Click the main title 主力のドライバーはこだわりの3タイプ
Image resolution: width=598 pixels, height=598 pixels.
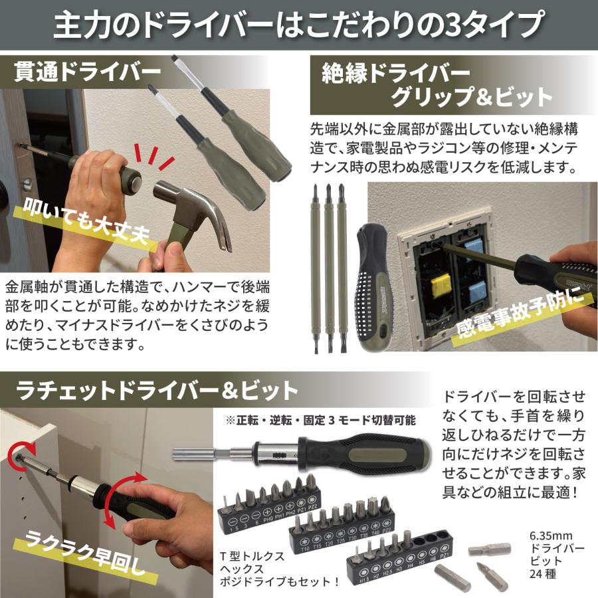(x=298, y=25)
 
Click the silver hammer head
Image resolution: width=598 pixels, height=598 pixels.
(x=193, y=207)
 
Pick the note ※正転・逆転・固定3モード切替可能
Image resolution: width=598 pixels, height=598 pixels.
(x=320, y=420)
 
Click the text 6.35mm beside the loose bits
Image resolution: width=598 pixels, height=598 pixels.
(x=549, y=535)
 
